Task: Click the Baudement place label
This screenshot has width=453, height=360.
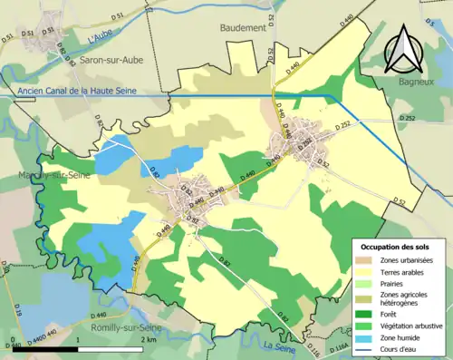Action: (243, 28)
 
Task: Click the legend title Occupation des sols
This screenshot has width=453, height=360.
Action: (395, 247)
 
